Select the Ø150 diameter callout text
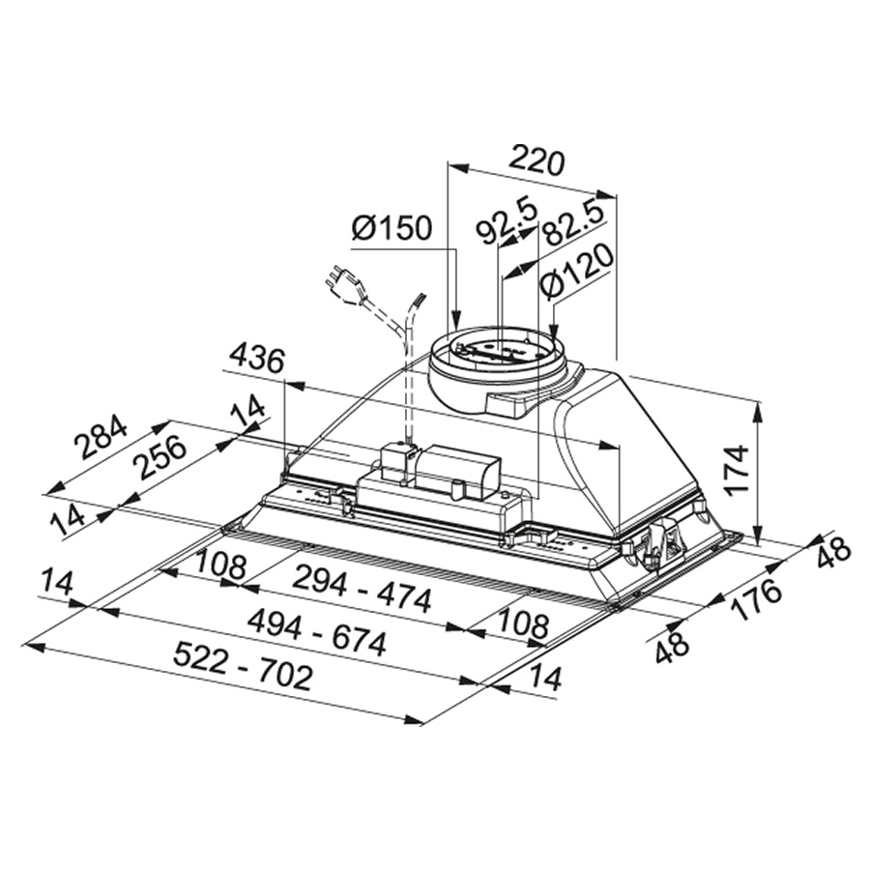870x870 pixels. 391,227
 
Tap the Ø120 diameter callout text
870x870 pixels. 578,272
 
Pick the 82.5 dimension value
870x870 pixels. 572,225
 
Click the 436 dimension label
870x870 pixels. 257,360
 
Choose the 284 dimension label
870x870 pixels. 102,436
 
